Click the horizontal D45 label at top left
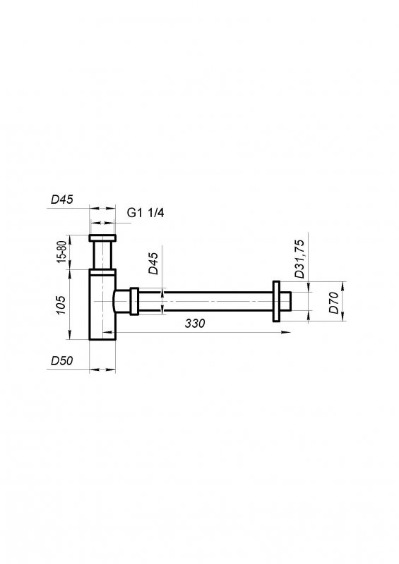(62, 200)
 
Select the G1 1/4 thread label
(145, 212)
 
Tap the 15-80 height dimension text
(62, 252)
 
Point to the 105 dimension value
(62, 305)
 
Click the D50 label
(62, 360)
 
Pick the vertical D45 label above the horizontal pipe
(153, 262)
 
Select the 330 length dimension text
(194, 324)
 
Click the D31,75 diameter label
(299, 258)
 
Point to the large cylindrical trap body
(102, 307)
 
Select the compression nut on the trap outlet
(133, 301)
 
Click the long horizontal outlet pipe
(205, 301)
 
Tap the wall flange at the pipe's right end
(276, 301)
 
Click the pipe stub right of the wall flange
(286, 301)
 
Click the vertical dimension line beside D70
(344, 301)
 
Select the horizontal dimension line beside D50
(103, 369)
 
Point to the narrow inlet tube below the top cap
(103, 255)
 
